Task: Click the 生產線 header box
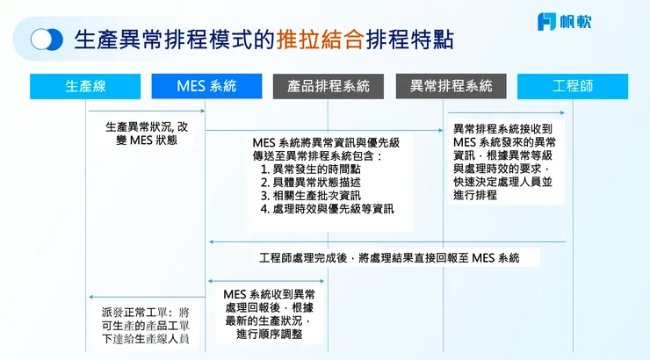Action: point(85,86)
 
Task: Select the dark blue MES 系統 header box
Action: point(206,86)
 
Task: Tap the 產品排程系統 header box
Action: point(329,86)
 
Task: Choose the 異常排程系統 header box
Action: point(451,86)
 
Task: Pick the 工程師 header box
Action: point(573,86)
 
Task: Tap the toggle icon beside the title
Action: point(47,40)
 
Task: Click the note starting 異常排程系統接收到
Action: point(503,162)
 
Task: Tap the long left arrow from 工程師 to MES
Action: point(386,241)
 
